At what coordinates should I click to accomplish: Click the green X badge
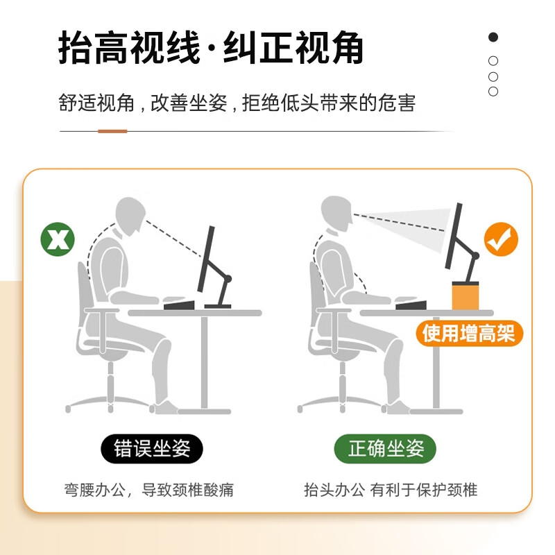[x=58, y=239]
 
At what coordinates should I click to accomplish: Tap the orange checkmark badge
[x=501, y=239]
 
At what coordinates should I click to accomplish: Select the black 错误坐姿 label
[x=152, y=448]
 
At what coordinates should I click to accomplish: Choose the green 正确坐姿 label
[x=386, y=448]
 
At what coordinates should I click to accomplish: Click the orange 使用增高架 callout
[x=469, y=333]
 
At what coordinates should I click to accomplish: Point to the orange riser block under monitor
[x=466, y=296]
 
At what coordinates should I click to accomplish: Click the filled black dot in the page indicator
[x=493, y=37]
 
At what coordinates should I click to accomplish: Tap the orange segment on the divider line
[x=112, y=131]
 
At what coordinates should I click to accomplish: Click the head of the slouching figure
[x=130, y=216]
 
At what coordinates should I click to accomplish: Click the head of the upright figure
[x=336, y=214]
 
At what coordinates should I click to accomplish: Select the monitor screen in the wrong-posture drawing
[x=206, y=259]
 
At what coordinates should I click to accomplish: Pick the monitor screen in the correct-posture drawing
[x=454, y=236]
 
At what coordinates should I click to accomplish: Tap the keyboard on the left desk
[x=179, y=305]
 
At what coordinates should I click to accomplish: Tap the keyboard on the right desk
[x=411, y=305]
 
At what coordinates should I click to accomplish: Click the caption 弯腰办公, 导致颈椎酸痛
[x=148, y=490]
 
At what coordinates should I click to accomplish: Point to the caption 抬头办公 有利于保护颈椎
[x=391, y=490]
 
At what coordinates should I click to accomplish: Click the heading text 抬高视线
[x=130, y=48]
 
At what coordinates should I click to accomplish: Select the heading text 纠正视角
[x=293, y=48]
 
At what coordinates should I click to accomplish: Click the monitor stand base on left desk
[x=218, y=306]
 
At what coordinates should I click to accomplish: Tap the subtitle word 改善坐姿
[x=189, y=103]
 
